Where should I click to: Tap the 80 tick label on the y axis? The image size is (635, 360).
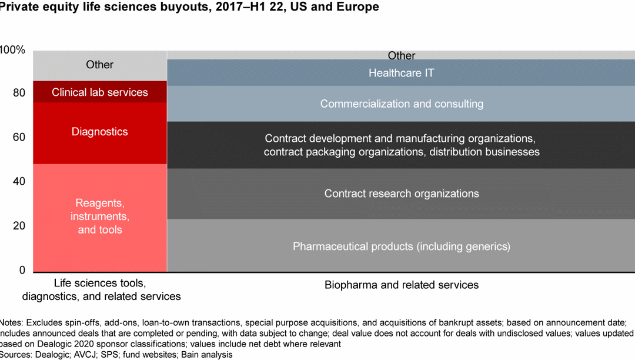pyautogui.click(x=19, y=93)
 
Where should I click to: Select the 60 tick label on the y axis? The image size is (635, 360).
pyautogui.click(x=19, y=137)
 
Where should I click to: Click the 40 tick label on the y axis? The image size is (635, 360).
pyautogui.click(x=19, y=181)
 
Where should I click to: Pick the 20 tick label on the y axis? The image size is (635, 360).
pyautogui.click(x=19, y=226)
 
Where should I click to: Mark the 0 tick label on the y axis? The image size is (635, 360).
pyautogui.click(x=22, y=270)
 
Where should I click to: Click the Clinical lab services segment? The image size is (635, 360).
pyautogui.click(x=100, y=92)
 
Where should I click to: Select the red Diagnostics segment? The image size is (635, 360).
pyautogui.click(x=100, y=132)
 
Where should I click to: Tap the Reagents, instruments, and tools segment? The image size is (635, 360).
pyautogui.click(x=100, y=216)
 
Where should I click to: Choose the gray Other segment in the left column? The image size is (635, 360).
pyautogui.click(x=100, y=65)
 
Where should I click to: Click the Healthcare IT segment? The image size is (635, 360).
pyautogui.click(x=401, y=73)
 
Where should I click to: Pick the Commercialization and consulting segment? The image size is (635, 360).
pyautogui.click(x=401, y=104)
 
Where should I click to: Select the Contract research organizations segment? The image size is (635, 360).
pyautogui.click(x=401, y=194)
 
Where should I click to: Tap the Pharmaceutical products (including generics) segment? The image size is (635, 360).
pyautogui.click(x=401, y=246)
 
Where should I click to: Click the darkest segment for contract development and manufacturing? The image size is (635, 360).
pyautogui.click(x=401, y=145)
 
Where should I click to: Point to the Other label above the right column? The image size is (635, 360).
pyautogui.click(x=401, y=56)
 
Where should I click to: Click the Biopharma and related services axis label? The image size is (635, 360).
pyautogui.click(x=401, y=285)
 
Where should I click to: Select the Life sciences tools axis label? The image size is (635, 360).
pyautogui.click(x=101, y=290)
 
